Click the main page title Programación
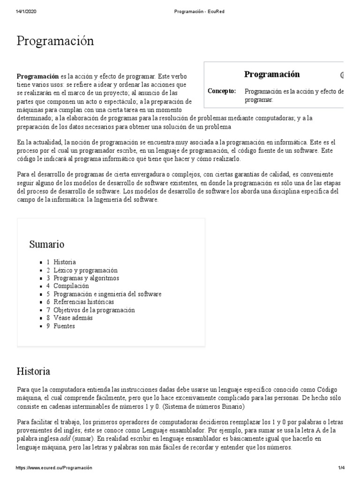[x=55, y=41]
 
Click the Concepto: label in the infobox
[x=222, y=91]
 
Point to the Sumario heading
[x=47, y=244]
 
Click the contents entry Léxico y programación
[x=85, y=270]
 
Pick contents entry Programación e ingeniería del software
[x=107, y=294]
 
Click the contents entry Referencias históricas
[x=83, y=302]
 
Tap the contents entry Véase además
[x=73, y=318]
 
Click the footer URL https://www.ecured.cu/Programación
[x=54, y=468]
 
